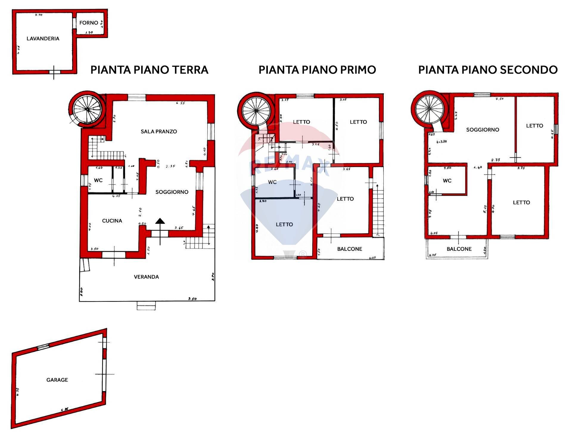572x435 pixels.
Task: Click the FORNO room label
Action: (89, 23)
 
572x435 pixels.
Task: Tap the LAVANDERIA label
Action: (43, 38)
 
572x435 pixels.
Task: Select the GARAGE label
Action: (57, 380)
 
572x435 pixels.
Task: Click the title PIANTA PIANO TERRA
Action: (149, 70)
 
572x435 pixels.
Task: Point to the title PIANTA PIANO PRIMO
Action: (317, 70)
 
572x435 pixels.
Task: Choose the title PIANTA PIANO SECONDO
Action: (488, 70)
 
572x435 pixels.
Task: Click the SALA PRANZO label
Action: (159, 131)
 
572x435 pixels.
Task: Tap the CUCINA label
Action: (112, 221)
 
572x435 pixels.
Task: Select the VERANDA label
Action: (146, 277)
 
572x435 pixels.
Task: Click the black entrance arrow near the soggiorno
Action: (160, 221)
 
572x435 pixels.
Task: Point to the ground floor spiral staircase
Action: (87, 109)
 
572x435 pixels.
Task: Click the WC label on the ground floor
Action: (98, 180)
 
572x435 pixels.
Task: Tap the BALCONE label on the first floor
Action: (350, 249)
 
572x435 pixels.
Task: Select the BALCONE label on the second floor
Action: (459, 249)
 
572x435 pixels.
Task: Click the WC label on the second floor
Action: (447, 181)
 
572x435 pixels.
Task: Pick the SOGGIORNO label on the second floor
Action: (483, 129)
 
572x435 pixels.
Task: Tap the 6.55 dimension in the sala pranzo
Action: (181, 103)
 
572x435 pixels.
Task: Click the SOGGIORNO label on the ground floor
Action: (172, 192)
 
